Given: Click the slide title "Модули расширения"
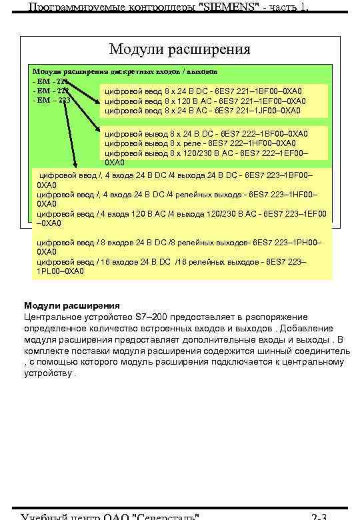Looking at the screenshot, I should point(180,49).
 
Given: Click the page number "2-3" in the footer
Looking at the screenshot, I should point(319,516).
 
